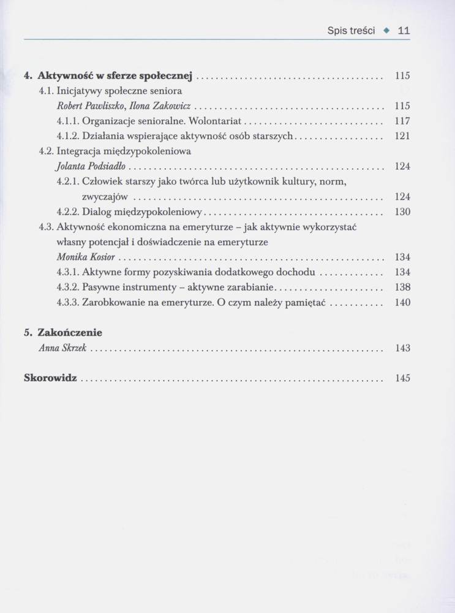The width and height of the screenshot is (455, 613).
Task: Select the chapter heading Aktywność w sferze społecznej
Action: pos(115,77)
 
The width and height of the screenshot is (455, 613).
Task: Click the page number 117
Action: pos(402,121)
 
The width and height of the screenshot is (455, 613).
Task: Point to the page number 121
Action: pos(402,136)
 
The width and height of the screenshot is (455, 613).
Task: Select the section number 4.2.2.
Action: pos(67,212)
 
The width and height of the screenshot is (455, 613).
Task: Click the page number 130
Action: pos(402,212)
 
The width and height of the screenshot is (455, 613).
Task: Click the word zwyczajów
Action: pos(105,197)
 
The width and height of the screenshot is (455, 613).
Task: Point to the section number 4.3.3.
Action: pos(67,302)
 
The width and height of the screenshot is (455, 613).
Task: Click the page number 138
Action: pos(402,287)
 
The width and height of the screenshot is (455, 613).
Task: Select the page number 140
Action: pos(402,302)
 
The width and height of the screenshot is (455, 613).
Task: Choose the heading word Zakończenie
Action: pos(70,333)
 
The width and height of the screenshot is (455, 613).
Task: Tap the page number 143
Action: pos(402,348)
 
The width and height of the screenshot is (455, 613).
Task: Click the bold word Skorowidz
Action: pos(50,378)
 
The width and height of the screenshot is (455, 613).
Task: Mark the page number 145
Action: pos(402,378)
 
